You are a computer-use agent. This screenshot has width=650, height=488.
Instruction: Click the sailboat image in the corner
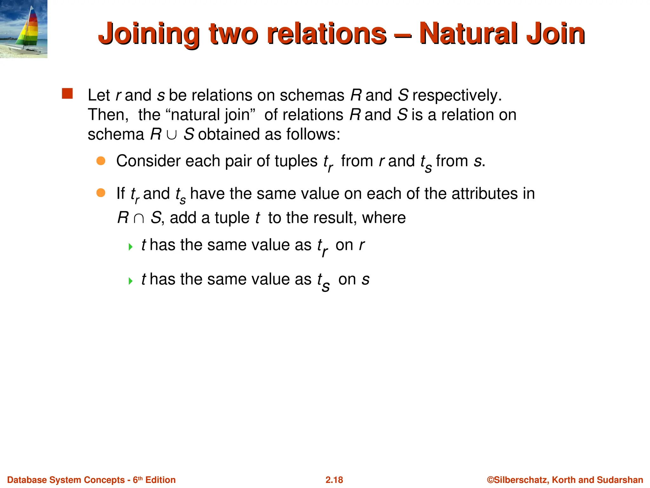(23, 29)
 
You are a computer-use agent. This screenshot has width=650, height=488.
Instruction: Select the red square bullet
(67, 94)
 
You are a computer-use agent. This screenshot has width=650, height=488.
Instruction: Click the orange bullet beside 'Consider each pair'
(101, 161)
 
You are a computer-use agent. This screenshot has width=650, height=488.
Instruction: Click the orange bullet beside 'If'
(101, 193)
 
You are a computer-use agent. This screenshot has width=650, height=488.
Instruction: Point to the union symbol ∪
(172, 135)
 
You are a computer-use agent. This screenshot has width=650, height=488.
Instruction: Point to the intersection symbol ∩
(139, 218)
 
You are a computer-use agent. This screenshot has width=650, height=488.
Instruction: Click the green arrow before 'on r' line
(130, 247)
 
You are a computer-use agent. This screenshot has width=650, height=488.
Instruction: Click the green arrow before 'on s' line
(130, 281)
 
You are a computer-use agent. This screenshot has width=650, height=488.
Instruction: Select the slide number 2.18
(334, 480)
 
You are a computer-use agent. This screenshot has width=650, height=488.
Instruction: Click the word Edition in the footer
(160, 480)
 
